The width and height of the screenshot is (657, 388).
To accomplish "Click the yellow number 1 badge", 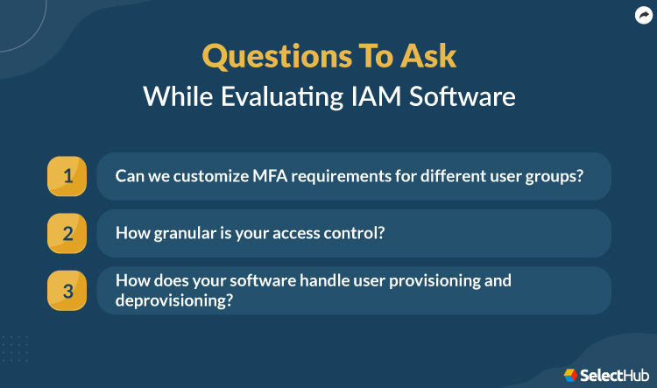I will (67, 176).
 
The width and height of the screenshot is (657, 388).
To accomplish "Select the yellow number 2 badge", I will (67, 233).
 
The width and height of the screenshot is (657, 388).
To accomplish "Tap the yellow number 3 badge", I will (67, 290).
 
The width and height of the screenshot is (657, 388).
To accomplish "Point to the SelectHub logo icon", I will (570, 374).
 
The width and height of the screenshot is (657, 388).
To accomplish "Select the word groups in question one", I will (557, 176).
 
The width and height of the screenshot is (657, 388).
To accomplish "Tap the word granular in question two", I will (180, 233).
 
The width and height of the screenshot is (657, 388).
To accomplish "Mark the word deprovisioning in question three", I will (169, 300).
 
